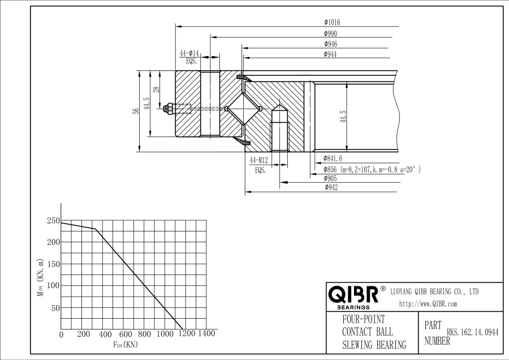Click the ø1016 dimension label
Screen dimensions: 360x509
coord(332,22)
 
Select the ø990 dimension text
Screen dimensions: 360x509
coord(331,33)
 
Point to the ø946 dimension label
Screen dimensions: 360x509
coord(331,44)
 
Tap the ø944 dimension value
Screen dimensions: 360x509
coord(331,54)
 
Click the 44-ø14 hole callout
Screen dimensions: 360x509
coord(189,53)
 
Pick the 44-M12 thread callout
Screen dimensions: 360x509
coord(260,161)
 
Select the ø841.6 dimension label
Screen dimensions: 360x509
coord(333,158)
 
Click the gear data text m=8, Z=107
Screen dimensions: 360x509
coord(370,169)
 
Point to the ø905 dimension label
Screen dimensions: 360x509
coord(331,178)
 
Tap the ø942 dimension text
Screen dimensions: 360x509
coord(331,188)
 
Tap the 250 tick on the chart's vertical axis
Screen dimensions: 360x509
coord(53,221)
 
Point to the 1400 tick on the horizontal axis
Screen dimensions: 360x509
coord(206,334)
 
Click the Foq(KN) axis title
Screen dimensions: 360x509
coord(125,344)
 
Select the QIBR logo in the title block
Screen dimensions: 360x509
coord(353,295)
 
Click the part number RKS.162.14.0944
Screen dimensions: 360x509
coord(473,333)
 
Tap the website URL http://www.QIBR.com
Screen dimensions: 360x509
coord(428,304)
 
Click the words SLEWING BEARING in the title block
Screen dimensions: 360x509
coord(374,345)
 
